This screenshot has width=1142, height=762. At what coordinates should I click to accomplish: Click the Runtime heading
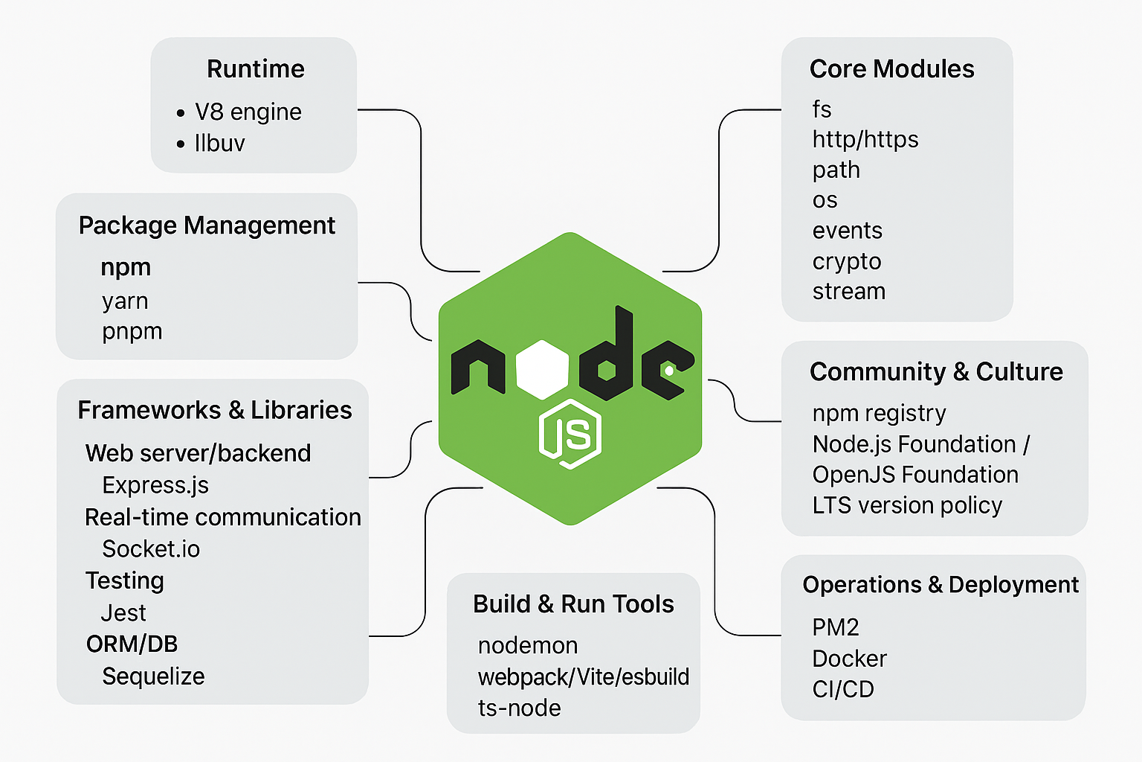pyautogui.click(x=255, y=69)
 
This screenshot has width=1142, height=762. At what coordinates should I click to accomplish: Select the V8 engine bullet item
pyautogui.click(x=248, y=112)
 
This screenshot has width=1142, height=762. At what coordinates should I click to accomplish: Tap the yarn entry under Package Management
pyautogui.click(x=125, y=301)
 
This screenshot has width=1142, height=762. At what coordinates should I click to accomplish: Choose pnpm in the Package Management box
pyautogui.click(x=132, y=332)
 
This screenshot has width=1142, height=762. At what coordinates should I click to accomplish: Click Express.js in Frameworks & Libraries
pyautogui.click(x=155, y=485)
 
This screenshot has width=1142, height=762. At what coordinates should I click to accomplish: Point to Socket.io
pyautogui.click(x=151, y=549)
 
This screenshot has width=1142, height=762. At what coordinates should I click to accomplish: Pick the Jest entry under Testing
pyautogui.click(x=123, y=613)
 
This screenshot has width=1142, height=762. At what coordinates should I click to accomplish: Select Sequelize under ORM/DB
pyautogui.click(x=153, y=676)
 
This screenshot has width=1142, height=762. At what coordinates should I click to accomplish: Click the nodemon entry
pyautogui.click(x=528, y=645)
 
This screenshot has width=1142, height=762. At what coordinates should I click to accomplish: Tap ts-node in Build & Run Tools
pyautogui.click(x=519, y=708)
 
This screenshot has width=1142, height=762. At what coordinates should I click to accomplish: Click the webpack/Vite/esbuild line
pyautogui.click(x=584, y=676)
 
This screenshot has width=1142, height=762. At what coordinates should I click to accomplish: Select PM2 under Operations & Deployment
pyautogui.click(x=835, y=627)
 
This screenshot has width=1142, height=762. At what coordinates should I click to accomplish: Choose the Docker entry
pyautogui.click(x=849, y=659)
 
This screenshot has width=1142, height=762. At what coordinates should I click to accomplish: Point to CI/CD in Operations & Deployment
pyautogui.click(x=843, y=690)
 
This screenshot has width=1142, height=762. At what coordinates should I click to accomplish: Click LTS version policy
pyautogui.click(x=907, y=505)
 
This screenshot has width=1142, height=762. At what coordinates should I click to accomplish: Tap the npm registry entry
pyautogui.click(x=879, y=413)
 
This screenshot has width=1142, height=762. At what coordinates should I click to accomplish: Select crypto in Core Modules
pyautogui.click(x=846, y=261)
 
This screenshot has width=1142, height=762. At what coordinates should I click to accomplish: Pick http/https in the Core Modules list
pyautogui.click(x=865, y=139)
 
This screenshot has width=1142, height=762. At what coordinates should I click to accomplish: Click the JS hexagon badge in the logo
pyautogui.click(x=570, y=434)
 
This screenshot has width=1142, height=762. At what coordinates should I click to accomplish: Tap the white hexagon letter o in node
pyautogui.click(x=543, y=369)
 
